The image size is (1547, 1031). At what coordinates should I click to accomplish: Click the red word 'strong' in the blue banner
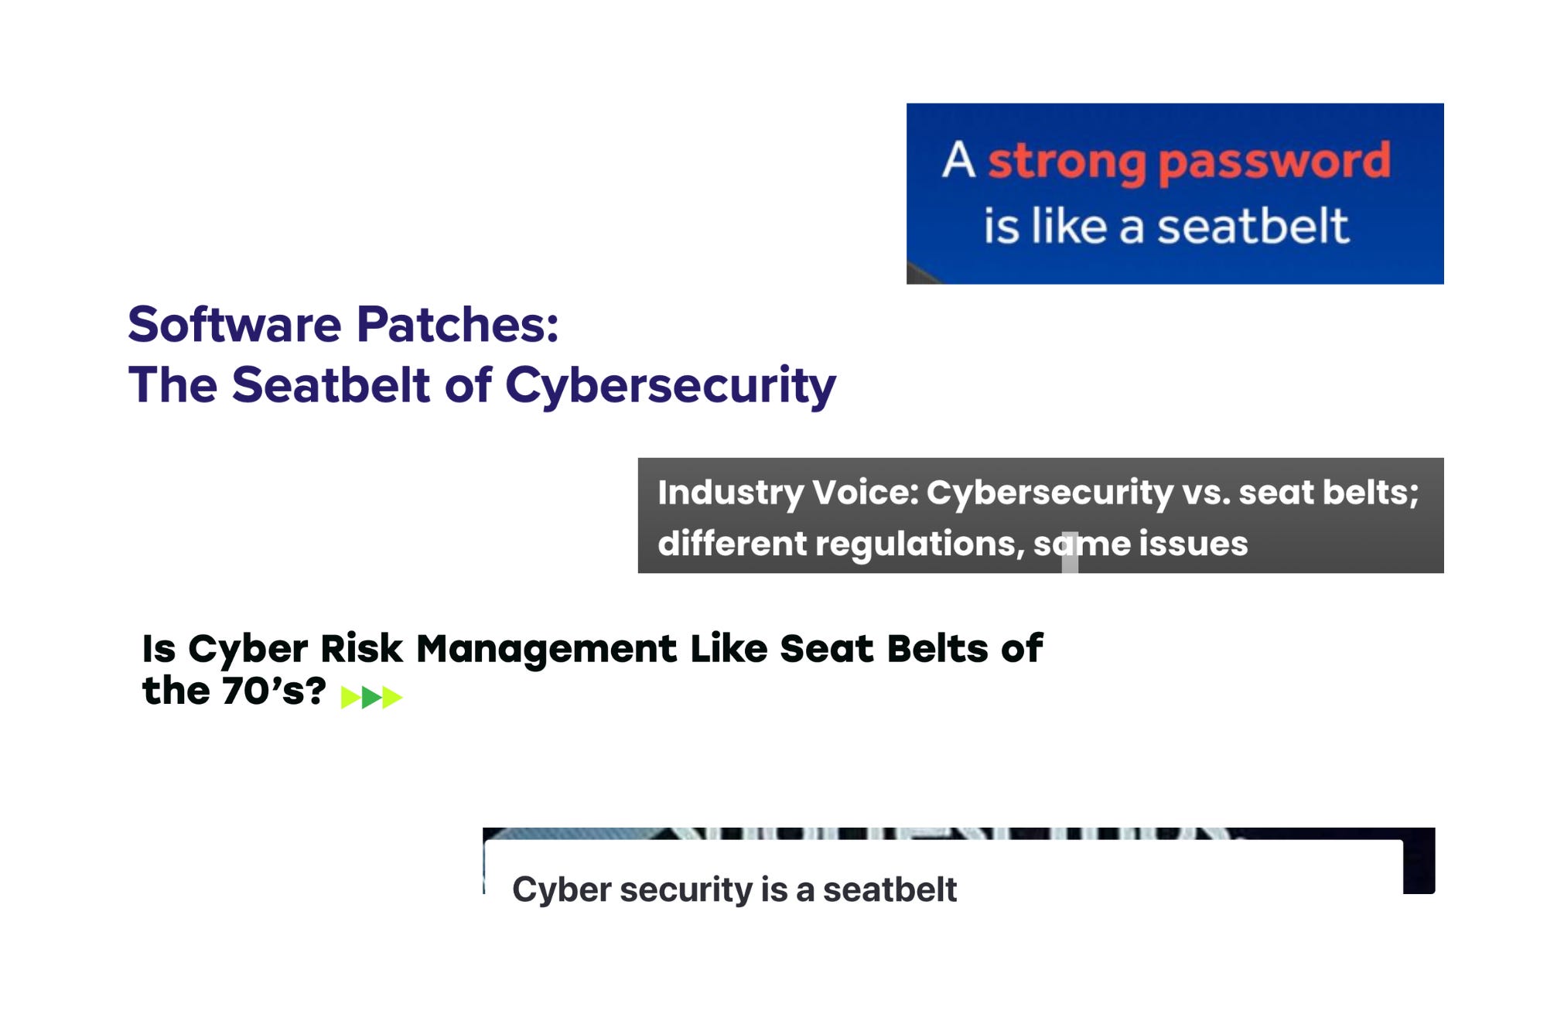(1067, 162)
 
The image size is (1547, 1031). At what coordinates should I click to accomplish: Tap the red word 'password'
(1274, 162)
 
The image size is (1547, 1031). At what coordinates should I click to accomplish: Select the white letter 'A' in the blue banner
(959, 160)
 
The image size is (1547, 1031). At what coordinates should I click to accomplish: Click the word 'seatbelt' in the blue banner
(1252, 226)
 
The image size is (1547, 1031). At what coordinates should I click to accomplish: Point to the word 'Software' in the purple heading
(234, 324)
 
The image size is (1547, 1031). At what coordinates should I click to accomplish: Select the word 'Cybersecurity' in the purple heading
(670, 385)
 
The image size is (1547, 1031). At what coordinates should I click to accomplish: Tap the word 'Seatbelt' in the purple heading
(330, 384)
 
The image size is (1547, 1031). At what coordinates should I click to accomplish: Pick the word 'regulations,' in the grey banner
(920, 544)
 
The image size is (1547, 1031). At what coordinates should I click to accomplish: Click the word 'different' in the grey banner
(732, 544)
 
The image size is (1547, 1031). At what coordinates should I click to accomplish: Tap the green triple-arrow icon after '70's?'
(371, 698)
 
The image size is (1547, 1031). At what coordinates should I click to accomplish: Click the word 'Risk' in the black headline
(361, 648)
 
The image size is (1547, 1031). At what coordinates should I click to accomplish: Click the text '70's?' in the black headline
(273, 691)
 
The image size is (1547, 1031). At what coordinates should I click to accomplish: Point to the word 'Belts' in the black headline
(937, 648)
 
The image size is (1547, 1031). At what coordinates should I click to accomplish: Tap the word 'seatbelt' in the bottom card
(890, 890)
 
